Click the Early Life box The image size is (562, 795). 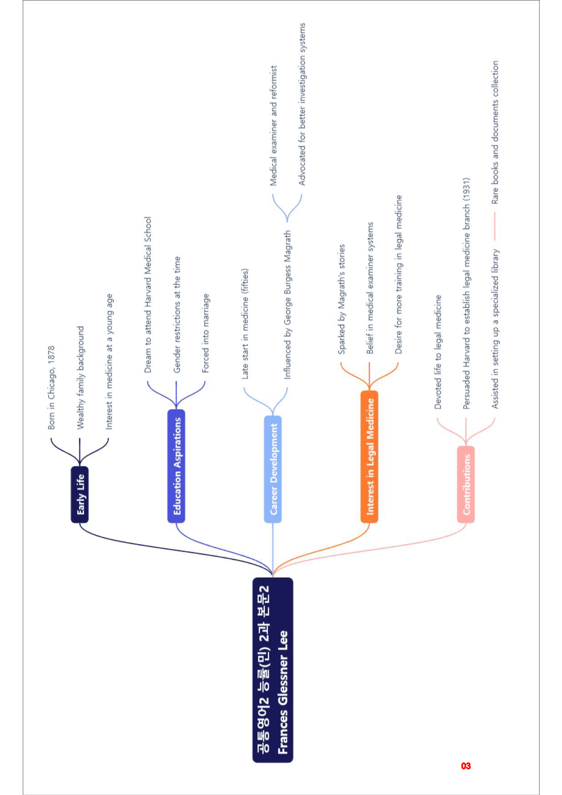(x=80, y=494)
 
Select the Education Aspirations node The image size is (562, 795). (x=176, y=466)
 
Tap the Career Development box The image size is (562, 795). (x=273, y=469)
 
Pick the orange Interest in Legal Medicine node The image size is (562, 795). (x=369, y=456)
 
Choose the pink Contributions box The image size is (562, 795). (x=466, y=484)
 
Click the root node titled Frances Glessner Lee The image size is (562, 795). (x=273, y=670)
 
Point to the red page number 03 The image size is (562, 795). (x=466, y=766)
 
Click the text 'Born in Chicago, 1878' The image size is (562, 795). (x=51, y=388)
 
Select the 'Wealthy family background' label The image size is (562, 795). (x=80, y=378)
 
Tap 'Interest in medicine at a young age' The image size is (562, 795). (x=109, y=362)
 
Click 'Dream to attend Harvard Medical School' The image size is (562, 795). (x=148, y=295)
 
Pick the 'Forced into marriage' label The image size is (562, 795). (x=205, y=333)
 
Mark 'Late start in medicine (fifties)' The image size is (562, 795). (x=245, y=324)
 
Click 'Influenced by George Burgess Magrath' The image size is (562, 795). (x=287, y=305)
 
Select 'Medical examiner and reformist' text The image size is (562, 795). (x=273, y=126)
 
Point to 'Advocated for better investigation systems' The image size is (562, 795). (x=302, y=104)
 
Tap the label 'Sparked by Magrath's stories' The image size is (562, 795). (x=341, y=299)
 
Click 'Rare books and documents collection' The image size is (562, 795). (x=495, y=132)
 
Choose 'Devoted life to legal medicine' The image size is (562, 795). (x=438, y=352)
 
